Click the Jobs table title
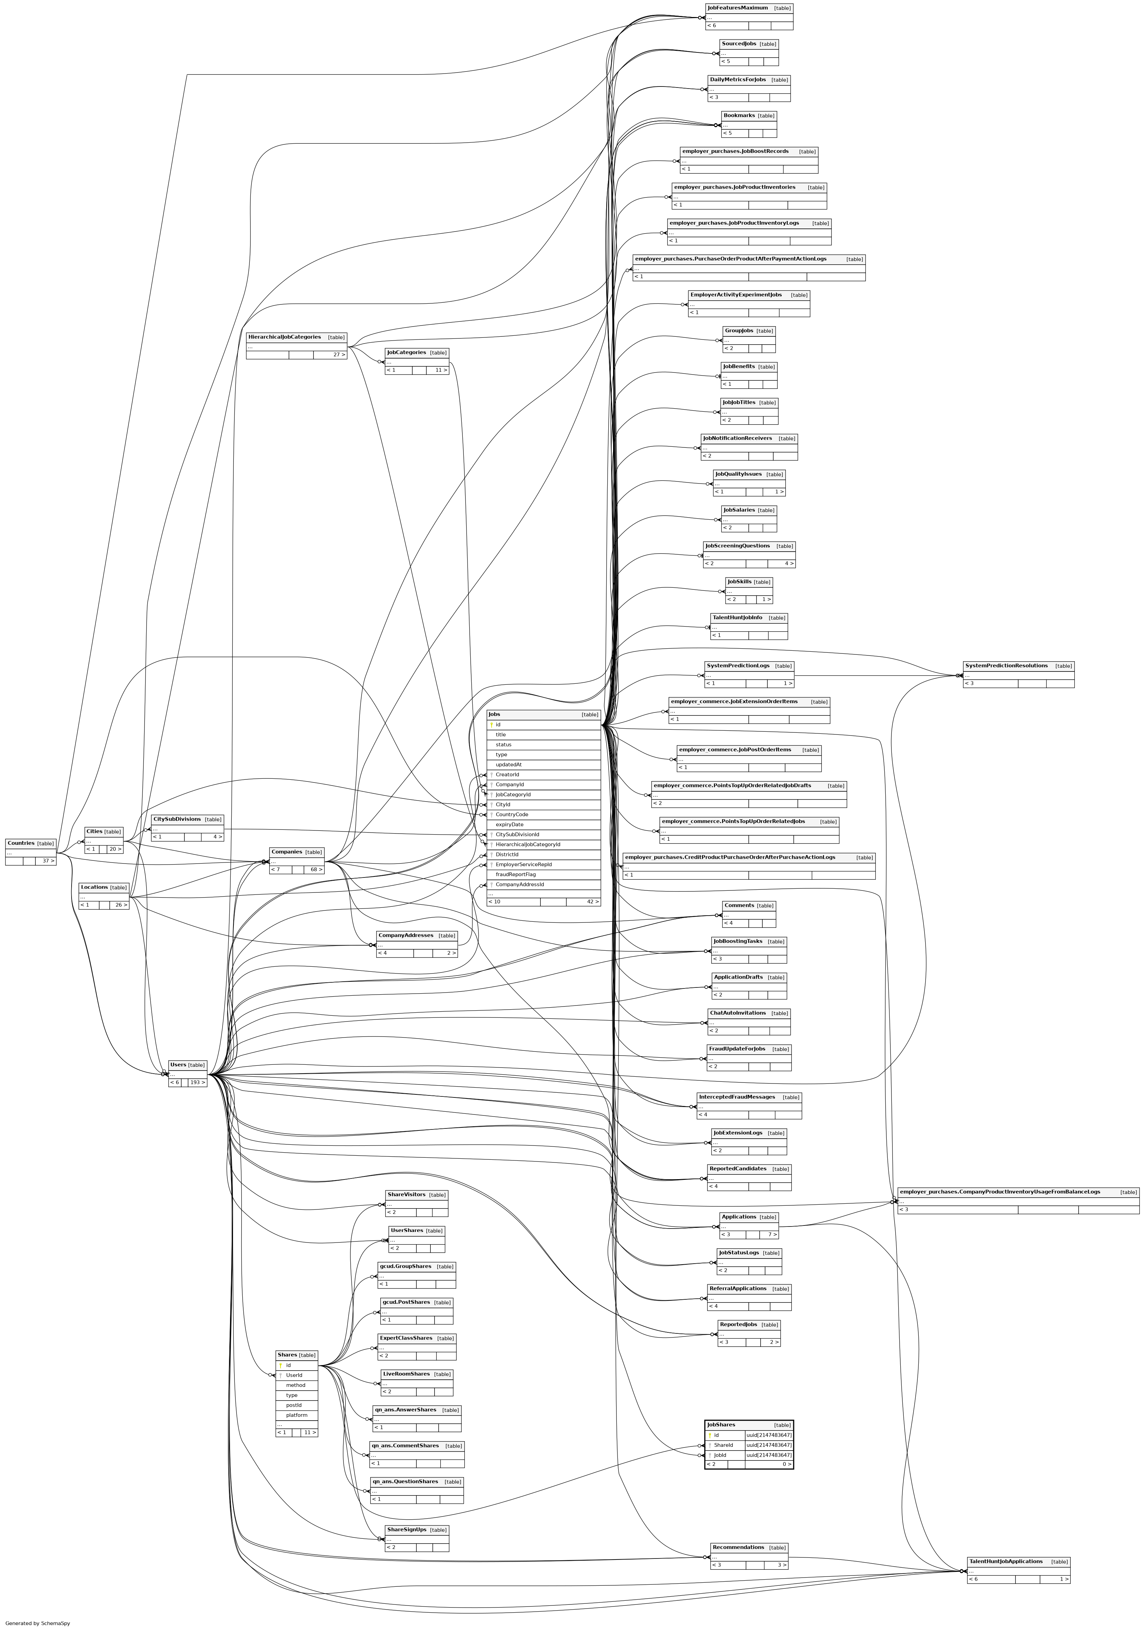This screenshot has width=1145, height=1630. tap(494, 714)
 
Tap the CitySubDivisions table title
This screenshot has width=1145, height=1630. tap(177, 819)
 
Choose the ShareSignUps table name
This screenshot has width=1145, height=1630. tap(406, 1530)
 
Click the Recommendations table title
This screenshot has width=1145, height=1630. tap(738, 1547)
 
